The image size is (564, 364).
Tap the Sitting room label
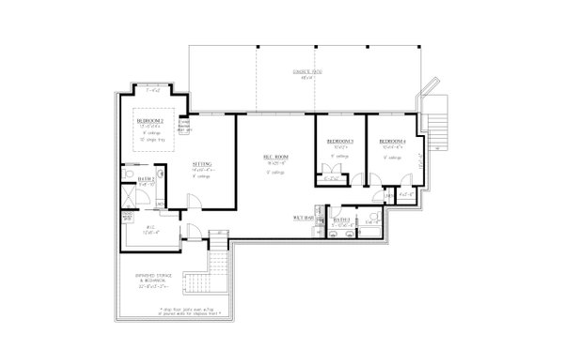(201, 164)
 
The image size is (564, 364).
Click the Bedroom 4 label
(392, 142)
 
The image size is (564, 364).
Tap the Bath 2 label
(146, 179)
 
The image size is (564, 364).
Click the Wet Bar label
(303, 217)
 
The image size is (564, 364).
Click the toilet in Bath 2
(128, 174)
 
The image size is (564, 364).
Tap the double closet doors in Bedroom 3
(330, 172)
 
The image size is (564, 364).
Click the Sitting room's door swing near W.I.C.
(193, 200)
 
